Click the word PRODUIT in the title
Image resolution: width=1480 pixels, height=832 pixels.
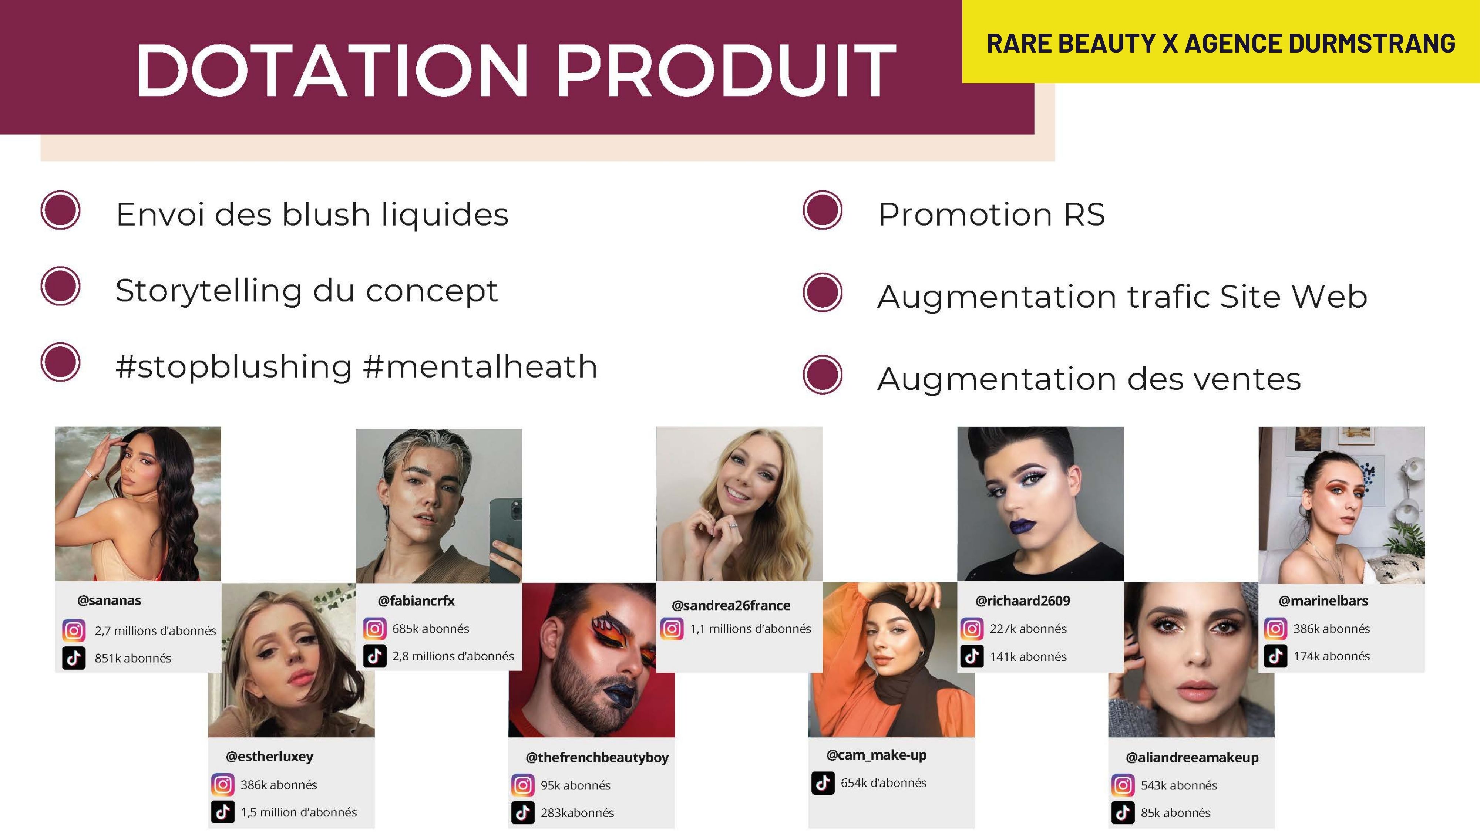727,71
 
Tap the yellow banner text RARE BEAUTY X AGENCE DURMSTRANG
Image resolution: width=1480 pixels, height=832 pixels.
1221,44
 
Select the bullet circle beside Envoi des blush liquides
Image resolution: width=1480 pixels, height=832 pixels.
60,210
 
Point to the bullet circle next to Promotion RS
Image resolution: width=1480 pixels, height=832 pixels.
823,210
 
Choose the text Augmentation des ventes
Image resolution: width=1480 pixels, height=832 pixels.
1089,379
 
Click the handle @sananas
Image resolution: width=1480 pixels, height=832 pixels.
109,601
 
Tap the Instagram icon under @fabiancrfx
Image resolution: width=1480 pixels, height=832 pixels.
374,629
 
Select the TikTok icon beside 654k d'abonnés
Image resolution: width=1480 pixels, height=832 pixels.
823,782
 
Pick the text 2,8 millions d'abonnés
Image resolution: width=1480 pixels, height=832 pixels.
453,656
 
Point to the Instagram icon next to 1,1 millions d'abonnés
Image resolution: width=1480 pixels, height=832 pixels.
672,629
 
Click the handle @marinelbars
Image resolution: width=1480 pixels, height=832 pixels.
1323,601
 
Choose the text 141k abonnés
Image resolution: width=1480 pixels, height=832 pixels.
1029,656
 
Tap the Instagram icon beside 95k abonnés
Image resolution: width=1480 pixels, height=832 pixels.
523,785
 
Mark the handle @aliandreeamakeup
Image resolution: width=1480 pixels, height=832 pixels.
1192,757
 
